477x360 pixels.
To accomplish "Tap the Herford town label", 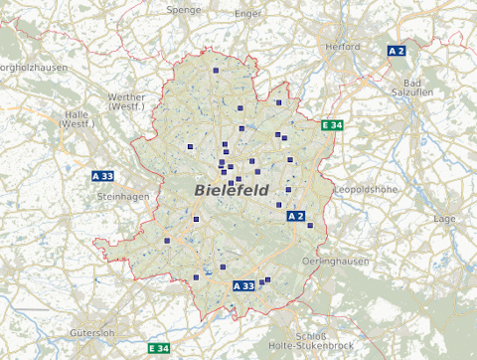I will click(342, 46).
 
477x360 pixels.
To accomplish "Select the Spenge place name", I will click(184, 9).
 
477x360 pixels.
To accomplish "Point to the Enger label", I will click(247, 14).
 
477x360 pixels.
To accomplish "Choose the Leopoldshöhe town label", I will click(367, 188).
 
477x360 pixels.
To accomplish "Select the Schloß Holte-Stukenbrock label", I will click(311, 339).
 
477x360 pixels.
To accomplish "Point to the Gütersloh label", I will click(93, 332).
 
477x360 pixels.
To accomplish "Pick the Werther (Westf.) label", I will click(126, 100).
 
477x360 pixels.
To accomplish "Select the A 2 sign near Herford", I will click(397, 50).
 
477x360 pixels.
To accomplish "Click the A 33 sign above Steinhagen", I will click(102, 176).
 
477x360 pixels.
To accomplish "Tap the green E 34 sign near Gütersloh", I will click(158, 348).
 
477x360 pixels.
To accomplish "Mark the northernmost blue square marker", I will click(216, 71).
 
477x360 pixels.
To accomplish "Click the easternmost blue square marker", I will click(310, 226).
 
